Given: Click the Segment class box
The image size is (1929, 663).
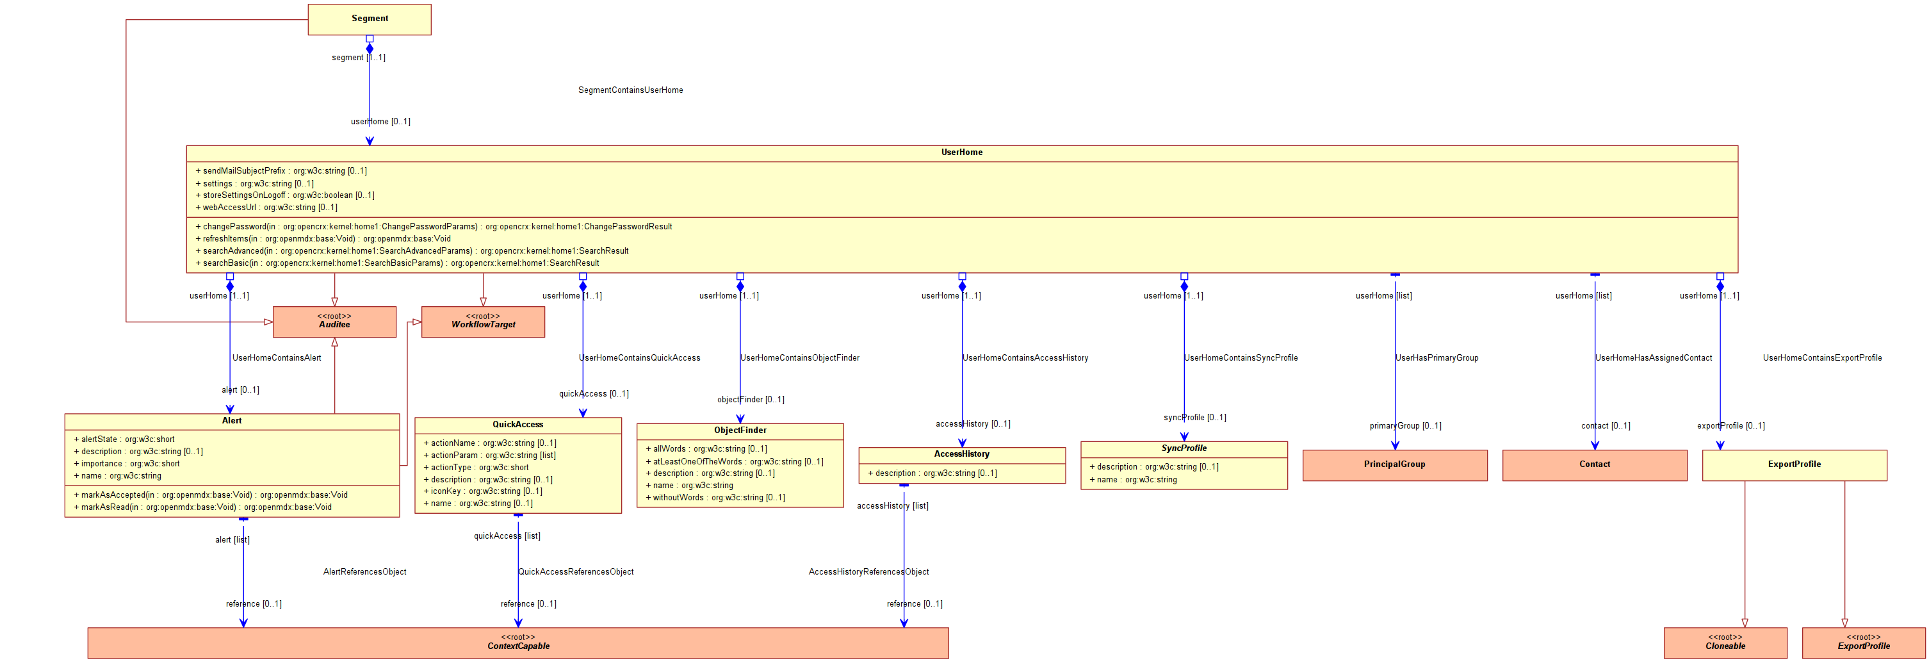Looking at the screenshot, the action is click(369, 19).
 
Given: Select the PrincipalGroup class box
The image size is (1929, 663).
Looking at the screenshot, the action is click(1394, 465).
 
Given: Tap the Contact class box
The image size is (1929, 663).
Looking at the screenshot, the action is click(1594, 465).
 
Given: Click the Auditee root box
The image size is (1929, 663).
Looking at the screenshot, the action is click(334, 322).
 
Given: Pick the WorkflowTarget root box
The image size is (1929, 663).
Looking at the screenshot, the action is click(483, 322).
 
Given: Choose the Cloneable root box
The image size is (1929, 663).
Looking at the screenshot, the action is click(1725, 643).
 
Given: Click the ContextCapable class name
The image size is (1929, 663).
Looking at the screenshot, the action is click(518, 646).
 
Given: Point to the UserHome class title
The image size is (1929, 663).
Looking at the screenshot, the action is click(961, 152).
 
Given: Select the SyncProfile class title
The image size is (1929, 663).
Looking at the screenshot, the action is click(1184, 448).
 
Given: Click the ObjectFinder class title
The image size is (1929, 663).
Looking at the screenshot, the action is click(740, 430).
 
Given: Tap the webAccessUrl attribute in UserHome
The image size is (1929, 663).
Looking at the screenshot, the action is click(266, 208).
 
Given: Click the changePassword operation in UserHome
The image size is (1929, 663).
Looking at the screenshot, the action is click(434, 226).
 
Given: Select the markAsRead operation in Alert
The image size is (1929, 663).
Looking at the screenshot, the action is click(202, 507).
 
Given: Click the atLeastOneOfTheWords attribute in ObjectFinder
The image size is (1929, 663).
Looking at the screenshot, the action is click(735, 461).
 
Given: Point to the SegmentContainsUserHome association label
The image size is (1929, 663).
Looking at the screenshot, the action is click(631, 90).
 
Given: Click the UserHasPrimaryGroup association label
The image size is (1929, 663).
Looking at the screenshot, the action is click(1437, 358).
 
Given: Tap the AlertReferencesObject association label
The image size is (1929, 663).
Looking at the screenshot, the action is click(364, 571).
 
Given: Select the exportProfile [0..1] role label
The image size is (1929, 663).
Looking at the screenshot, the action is click(1730, 425).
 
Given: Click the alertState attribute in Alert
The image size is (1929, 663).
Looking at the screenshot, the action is click(124, 439).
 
